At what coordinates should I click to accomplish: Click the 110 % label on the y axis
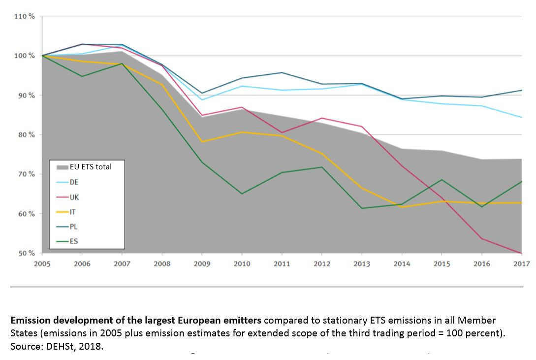(25, 16)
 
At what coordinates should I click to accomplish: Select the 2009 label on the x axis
(202, 264)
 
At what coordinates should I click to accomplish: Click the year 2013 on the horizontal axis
(362, 264)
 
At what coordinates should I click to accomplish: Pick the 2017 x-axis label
(521, 264)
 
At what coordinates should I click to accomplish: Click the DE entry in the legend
(74, 182)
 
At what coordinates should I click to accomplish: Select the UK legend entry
(74, 197)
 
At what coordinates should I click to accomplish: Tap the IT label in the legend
(73, 212)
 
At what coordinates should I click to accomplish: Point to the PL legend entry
(73, 227)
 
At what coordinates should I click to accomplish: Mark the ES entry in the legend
(73, 242)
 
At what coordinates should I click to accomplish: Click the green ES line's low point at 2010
(242, 194)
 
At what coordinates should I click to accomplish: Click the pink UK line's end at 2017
(521, 253)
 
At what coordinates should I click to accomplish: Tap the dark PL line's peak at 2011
(282, 72)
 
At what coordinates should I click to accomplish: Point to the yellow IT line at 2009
(202, 142)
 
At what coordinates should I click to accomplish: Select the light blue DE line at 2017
(521, 117)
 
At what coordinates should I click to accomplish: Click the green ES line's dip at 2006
(82, 76)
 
